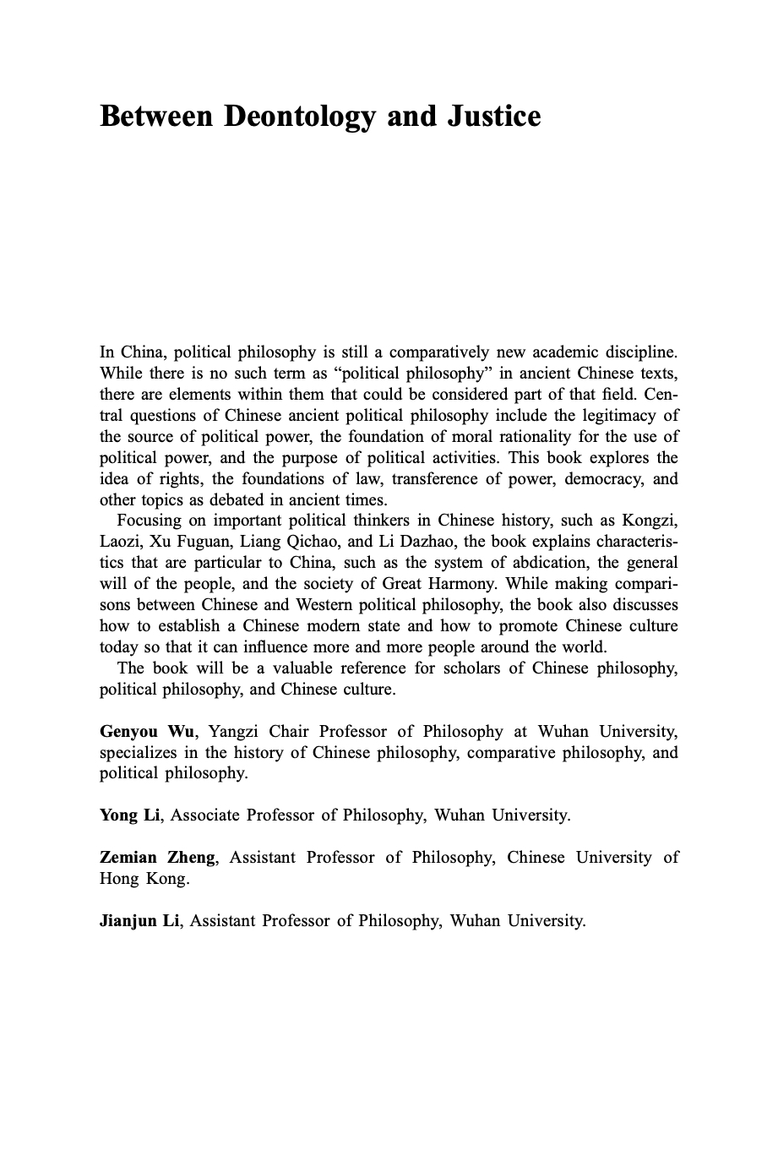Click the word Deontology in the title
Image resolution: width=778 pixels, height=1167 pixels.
click(299, 117)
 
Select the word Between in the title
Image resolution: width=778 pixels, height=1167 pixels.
click(156, 117)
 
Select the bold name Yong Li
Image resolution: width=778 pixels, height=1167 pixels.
click(129, 815)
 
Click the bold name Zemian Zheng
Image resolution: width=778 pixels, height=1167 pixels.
click(158, 858)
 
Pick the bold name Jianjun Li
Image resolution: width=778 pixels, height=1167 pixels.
click(139, 920)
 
